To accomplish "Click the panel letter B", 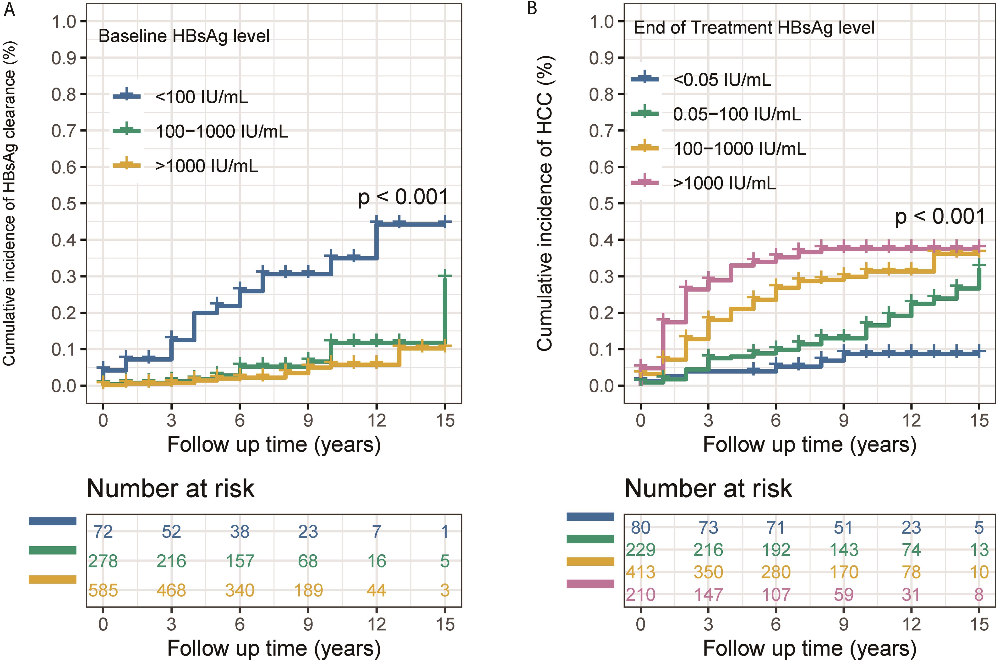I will coord(532,8).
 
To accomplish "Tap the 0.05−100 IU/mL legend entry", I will coord(737,114).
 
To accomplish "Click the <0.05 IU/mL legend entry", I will coord(722,79).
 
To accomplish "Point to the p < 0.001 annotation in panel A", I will coord(403,197).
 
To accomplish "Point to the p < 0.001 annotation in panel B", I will coord(940,216).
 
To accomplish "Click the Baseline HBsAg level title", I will coord(184,36).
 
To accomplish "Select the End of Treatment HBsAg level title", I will coord(754,28).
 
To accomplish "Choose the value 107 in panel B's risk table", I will coord(776,595).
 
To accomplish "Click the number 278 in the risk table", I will coord(103,561).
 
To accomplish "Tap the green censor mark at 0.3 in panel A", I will coord(445,276).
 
